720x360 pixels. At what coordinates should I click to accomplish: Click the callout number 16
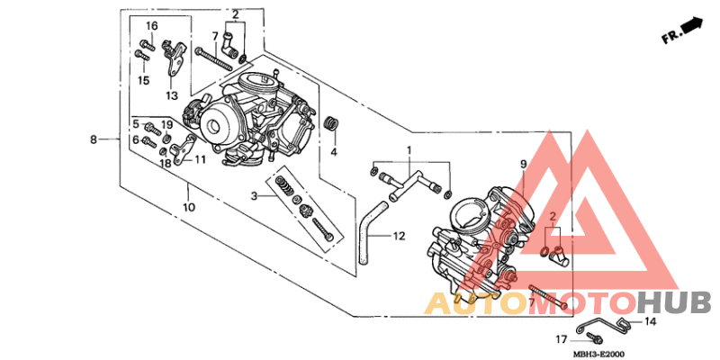click(x=151, y=25)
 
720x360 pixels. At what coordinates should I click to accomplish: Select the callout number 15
click(x=143, y=80)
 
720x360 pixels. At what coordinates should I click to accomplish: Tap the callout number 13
click(x=172, y=94)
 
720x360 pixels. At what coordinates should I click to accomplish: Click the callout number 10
click(x=189, y=208)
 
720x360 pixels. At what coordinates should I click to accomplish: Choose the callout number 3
click(x=255, y=194)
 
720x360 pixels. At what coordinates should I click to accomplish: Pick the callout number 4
click(x=333, y=152)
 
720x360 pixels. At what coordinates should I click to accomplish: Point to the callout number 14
click(x=651, y=321)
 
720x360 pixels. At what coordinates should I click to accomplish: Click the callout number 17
click(x=560, y=340)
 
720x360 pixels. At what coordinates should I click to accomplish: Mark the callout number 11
click(x=199, y=159)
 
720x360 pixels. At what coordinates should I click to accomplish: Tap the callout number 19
click(x=166, y=124)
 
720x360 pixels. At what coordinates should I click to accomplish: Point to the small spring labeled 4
click(x=332, y=123)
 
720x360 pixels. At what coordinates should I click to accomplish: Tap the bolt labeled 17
click(x=592, y=339)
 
